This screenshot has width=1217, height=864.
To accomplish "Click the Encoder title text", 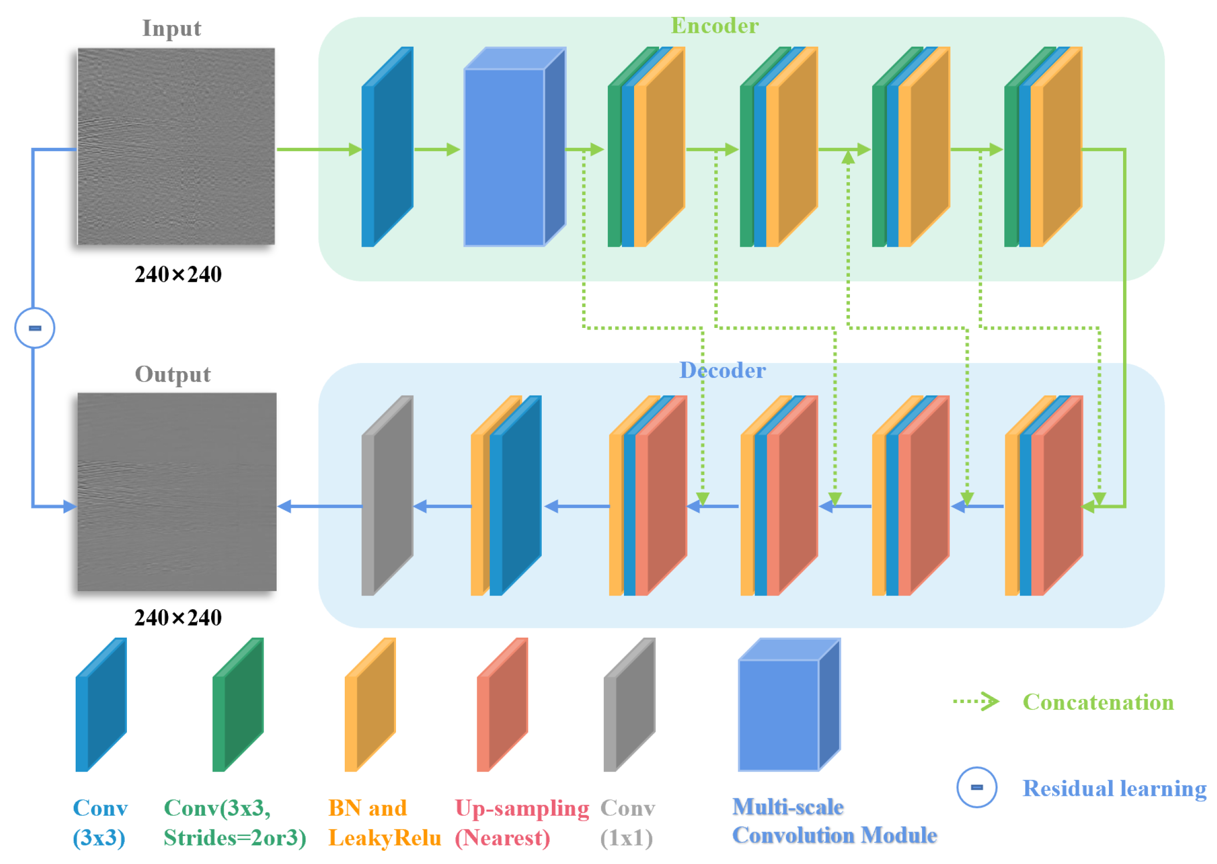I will (714, 25).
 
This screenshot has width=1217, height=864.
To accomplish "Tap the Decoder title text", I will (722, 370).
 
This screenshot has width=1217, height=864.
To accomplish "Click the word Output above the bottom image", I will (173, 374).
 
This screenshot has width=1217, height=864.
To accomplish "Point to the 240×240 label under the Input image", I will (178, 275).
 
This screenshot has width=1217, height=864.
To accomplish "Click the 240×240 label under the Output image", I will (178, 618).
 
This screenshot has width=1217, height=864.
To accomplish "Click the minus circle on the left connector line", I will (35, 328).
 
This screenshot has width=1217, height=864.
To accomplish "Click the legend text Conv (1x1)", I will (628, 822).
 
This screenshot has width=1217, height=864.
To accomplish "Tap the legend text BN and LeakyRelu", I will (384, 822).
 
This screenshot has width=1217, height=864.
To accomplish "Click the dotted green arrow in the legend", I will (975, 702).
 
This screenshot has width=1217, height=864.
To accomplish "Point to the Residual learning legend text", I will (1114, 788).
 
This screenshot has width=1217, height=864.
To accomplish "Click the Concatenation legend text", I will (1098, 702).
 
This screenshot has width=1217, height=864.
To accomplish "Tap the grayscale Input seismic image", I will (176, 146).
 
